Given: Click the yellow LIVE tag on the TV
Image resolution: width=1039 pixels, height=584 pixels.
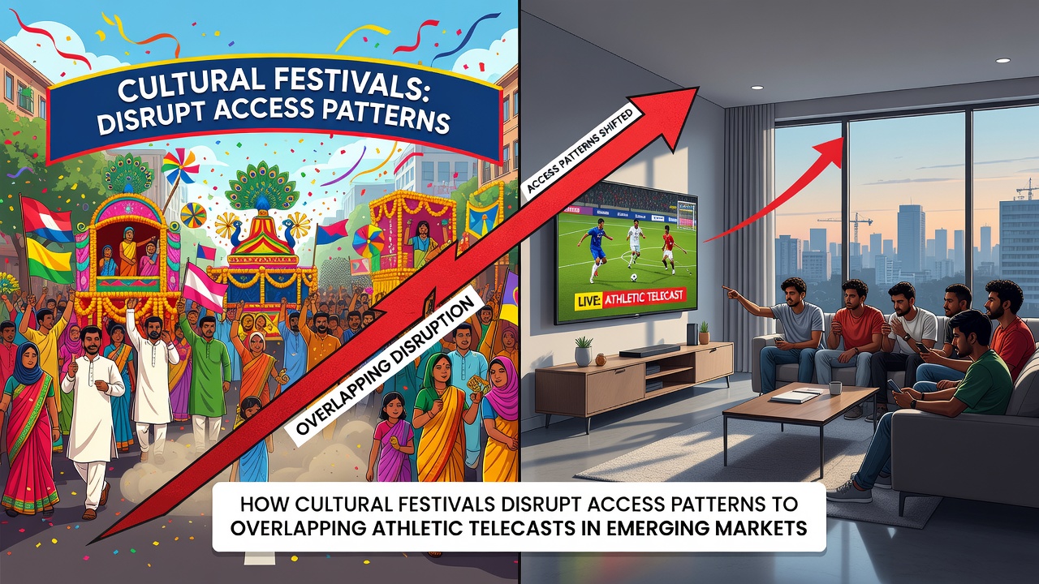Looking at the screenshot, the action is pos(588,301).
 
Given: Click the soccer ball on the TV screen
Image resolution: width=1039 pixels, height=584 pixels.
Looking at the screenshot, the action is pos(632,277).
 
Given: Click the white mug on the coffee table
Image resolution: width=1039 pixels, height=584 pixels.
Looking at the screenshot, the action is pos(835,388).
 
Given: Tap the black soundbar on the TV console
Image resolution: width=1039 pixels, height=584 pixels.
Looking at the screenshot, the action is pos(649,351).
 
